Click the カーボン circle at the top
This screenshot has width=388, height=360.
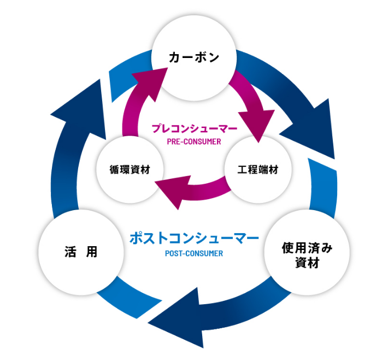[194, 56]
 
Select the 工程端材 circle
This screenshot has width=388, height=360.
[257, 170]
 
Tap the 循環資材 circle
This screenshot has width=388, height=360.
[130, 170]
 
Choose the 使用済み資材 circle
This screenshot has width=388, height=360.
[307, 253]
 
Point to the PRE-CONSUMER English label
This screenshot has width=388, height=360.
[194, 141]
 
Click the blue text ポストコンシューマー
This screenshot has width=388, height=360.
[194, 239]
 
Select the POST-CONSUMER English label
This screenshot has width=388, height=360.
[194, 253]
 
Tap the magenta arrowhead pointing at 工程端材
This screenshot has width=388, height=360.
[256, 125]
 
